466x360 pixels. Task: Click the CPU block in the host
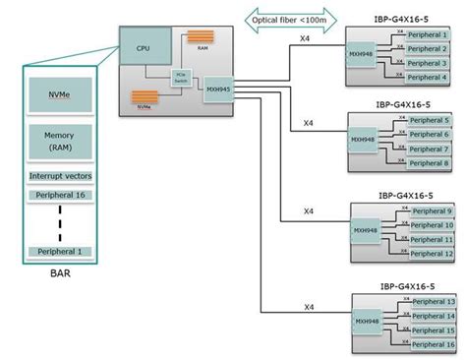(x=145, y=47)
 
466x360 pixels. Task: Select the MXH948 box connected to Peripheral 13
(x=367, y=322)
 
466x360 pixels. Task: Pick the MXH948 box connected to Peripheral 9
(x=367, y=232)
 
